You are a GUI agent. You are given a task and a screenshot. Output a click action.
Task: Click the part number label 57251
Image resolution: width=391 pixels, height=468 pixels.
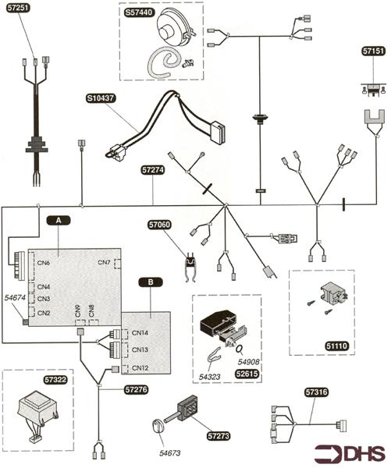click(x=18, y=8)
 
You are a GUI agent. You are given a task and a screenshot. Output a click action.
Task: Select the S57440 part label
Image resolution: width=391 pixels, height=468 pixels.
click(x=139, y=12)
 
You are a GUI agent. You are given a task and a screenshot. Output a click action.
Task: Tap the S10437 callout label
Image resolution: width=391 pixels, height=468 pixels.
click(x=101, y=98)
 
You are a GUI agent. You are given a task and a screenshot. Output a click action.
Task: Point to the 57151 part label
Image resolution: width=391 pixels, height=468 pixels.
click(x=373, y=51)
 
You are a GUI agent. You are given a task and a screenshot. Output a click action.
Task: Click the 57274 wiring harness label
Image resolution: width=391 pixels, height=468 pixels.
click(x=153, y=170)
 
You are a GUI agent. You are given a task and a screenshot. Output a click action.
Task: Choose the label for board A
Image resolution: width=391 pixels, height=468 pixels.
click(x=59, y=220)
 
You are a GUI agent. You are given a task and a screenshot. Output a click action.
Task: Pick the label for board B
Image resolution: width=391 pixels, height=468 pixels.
click(x=151, y=282)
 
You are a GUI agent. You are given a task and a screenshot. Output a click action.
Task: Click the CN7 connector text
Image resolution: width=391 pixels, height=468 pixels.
click(x=105, y=263)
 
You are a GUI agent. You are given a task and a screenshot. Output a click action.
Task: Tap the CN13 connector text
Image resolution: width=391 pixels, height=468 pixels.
click(x=140, y=349)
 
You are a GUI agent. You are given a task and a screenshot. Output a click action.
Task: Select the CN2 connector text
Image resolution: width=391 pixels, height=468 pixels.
click(x=44, y=313)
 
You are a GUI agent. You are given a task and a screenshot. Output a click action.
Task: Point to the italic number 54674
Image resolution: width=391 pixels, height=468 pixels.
click(x=16, y=298)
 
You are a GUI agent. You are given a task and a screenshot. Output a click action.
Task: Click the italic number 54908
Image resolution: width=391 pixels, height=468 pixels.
click(x=248, y=362)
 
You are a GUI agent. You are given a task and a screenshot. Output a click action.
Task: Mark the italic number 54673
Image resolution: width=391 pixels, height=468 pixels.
click(x=169, y=453)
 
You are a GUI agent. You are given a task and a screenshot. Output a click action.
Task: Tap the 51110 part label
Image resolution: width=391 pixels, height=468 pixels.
click(x=337, y=346)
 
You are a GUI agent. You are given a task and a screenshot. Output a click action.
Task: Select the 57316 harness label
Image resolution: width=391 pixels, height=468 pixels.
click(x=316, y=392)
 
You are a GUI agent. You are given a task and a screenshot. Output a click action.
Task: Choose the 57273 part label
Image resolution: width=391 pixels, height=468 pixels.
click(x=219, y=436)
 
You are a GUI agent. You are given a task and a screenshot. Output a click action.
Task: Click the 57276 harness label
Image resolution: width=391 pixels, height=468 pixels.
click(x=137, y=389)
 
